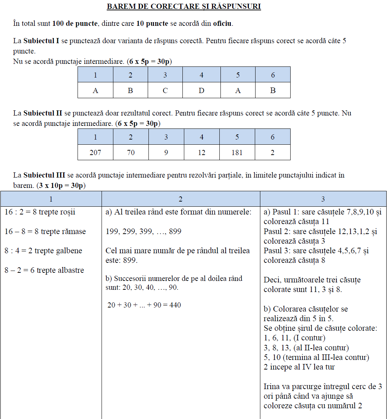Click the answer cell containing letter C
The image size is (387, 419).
click(x=165, y=90)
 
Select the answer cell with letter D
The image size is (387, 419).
click(x=201, y=90)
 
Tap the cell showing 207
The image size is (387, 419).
click(x=95, y=152)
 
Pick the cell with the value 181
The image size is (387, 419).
click(x=237, y=152)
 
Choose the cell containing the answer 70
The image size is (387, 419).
click(x=131, y=152)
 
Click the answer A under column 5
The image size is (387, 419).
click(x=238, y=90)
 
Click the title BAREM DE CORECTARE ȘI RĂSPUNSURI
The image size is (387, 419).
click(x=184, y=7)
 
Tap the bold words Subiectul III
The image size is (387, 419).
click(x=44, y=175)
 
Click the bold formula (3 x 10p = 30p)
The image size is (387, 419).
click(x=61, y=185)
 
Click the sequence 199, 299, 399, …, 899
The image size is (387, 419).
click(x=144, y=231)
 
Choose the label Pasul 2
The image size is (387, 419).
click(x=275, y=231)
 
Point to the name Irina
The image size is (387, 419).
click(x=272, y=387)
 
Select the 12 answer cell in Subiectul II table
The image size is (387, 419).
click(x=201, y=152)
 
